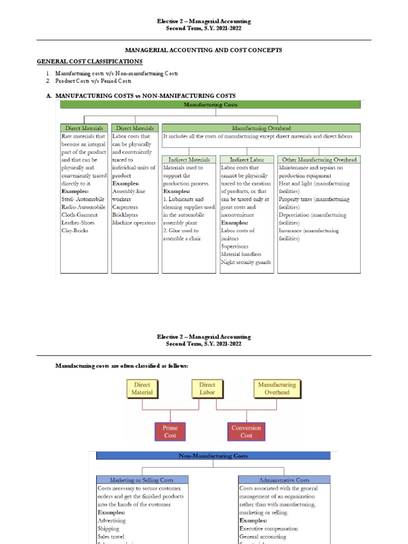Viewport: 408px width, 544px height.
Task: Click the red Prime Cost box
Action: click(171, 431)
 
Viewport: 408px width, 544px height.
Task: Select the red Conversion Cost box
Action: click(246, 431)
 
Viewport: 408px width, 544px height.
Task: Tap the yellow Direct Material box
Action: click(142, 388)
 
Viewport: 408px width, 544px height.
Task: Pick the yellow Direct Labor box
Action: click(207, 388)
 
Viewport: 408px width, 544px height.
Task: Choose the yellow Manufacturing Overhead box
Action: click(277, 388)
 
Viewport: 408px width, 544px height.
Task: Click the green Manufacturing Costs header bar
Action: click(210, 105)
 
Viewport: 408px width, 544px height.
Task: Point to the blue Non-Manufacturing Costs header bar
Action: click(212, 456)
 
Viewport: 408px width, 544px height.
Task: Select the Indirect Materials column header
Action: click(189, 159)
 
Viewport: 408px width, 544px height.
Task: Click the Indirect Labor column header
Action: click(246, 159)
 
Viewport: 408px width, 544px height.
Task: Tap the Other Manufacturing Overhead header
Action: click(319, 159)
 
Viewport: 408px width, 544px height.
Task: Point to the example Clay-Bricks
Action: click(75, 231)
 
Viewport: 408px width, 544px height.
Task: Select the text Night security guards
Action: click(246, 262)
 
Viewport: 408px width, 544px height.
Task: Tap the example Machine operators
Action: click(134, 223)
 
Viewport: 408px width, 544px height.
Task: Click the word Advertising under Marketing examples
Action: click(112, 521)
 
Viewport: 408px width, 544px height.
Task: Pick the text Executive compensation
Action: click(268, 529)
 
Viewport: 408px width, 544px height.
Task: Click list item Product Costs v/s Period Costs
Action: click(88, 81)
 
